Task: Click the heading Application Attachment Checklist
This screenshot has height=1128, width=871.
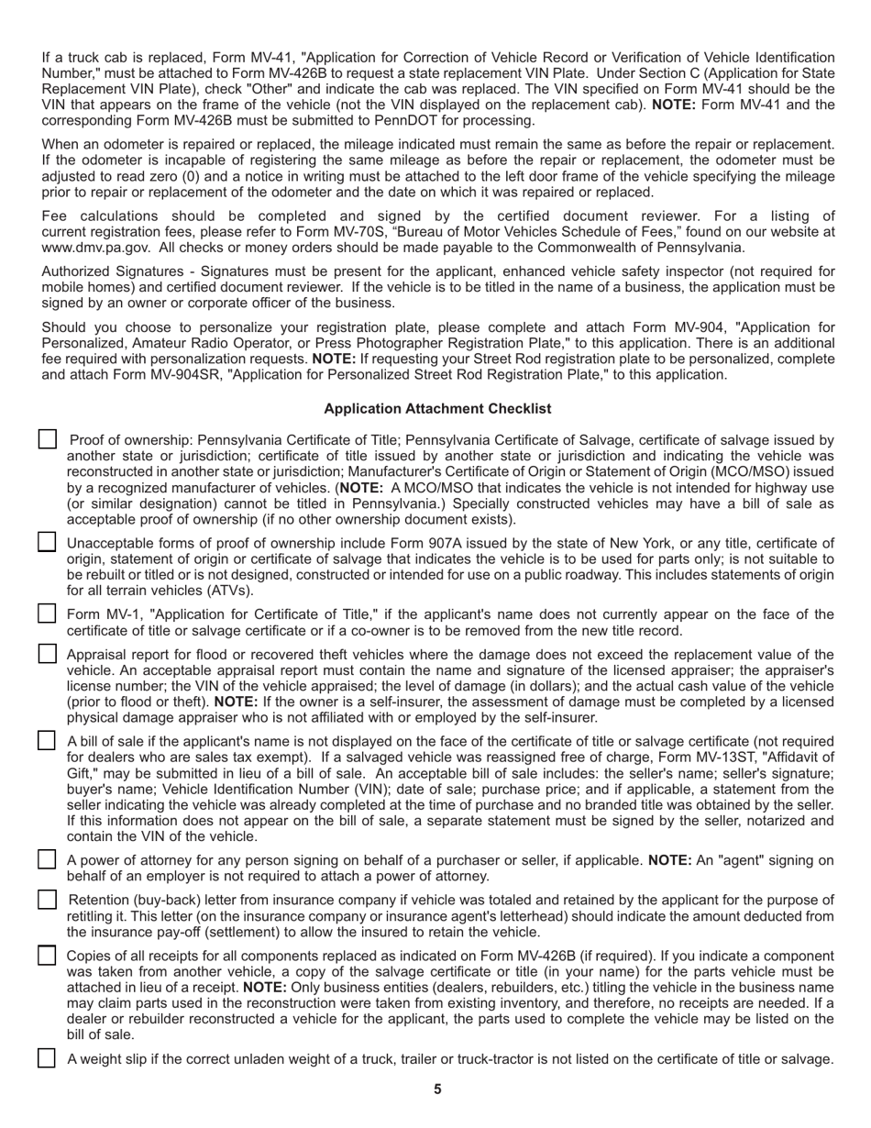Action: point(437,408)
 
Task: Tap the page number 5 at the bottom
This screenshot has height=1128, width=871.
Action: point(437,1089)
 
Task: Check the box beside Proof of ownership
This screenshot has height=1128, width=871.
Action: point(48,440)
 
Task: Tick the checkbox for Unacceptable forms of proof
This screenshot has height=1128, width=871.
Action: point(48,542)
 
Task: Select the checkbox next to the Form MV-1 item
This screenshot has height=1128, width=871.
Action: point(48,614)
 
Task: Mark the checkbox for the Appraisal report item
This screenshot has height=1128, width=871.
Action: point(48,654)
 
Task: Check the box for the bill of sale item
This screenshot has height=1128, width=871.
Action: point(48,740)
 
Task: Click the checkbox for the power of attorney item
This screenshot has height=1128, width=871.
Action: point(48,859)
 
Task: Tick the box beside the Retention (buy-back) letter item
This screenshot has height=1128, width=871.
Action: point(48,900)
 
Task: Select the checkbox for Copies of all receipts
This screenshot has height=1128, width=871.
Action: point(48,956)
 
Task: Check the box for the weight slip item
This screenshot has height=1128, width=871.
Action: point(48,1058)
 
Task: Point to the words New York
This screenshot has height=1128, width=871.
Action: point(595,543)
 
